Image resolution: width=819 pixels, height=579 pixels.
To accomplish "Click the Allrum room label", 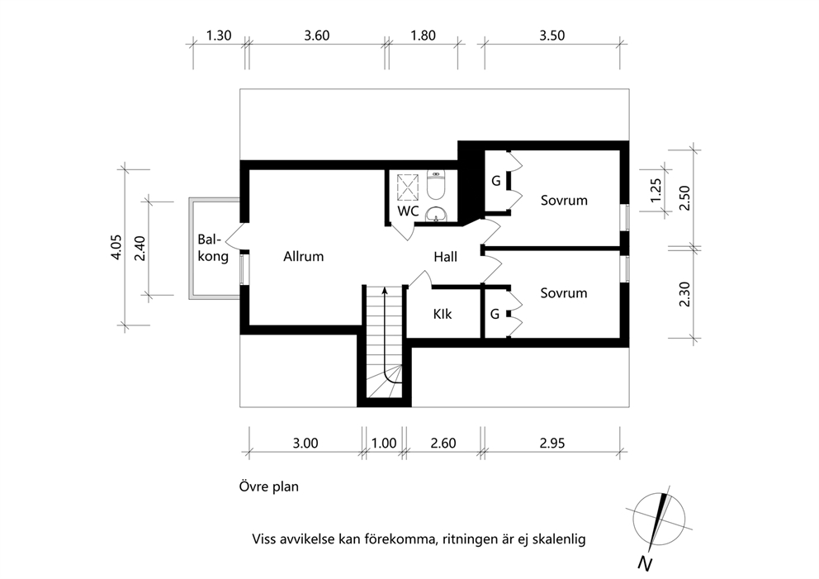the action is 304,257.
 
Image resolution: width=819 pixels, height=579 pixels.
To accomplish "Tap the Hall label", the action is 446,257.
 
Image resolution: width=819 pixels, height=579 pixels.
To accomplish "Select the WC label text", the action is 408,211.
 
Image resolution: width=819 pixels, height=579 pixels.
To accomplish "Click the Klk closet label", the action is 443,314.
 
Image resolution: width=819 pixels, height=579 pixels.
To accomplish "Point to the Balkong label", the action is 212,248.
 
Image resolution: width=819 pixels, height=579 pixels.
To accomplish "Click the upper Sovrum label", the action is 564,200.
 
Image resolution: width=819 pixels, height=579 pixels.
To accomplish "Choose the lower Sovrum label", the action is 564,293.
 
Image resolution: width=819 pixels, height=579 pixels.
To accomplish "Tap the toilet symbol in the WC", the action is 436,185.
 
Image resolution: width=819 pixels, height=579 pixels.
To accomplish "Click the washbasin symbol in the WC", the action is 436,214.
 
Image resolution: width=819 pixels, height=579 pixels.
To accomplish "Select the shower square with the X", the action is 408,187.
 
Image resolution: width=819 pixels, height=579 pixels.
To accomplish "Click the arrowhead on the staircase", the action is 385,291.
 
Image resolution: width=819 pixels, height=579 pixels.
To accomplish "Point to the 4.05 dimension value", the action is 116,247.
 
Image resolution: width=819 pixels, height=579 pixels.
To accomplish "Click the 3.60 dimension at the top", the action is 316,36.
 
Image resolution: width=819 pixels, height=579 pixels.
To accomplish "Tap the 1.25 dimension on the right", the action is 656,191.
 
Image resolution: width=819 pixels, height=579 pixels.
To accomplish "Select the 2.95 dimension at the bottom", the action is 552,444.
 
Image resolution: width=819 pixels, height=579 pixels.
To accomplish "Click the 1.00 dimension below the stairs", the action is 384,444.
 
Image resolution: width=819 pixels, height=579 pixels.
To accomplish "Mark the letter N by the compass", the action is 646,564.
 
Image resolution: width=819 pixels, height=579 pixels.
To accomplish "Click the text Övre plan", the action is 269,486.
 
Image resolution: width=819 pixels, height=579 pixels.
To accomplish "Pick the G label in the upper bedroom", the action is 495,181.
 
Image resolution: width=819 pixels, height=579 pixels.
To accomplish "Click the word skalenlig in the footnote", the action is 560,539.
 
